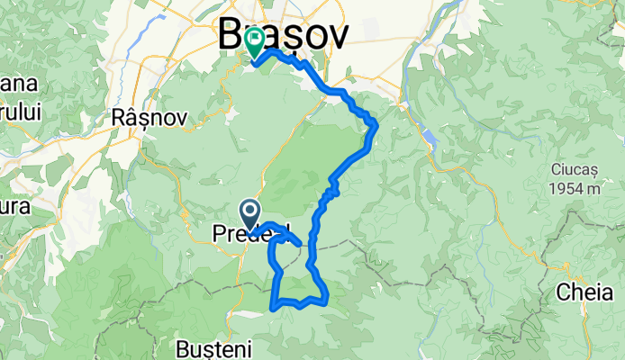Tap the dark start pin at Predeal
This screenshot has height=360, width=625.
pyautogui.click(x=250, y=213)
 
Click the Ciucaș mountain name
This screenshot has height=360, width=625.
pyautogui.click(x=575, y=170)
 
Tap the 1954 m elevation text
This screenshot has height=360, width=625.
pyautogui.click(x=576, y=189)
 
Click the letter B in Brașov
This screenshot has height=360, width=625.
pyautogui.click(x=230, y=36)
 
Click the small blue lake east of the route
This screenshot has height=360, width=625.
pyautogui.click(x=430, y=138)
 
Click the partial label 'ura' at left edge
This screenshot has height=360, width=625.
pyautogui.click(x=13, y=206)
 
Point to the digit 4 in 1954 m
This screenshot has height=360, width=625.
pyautogui.click(x=577, y=189)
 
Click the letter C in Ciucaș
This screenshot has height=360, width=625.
pyautogui.click(x=555, y=170)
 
